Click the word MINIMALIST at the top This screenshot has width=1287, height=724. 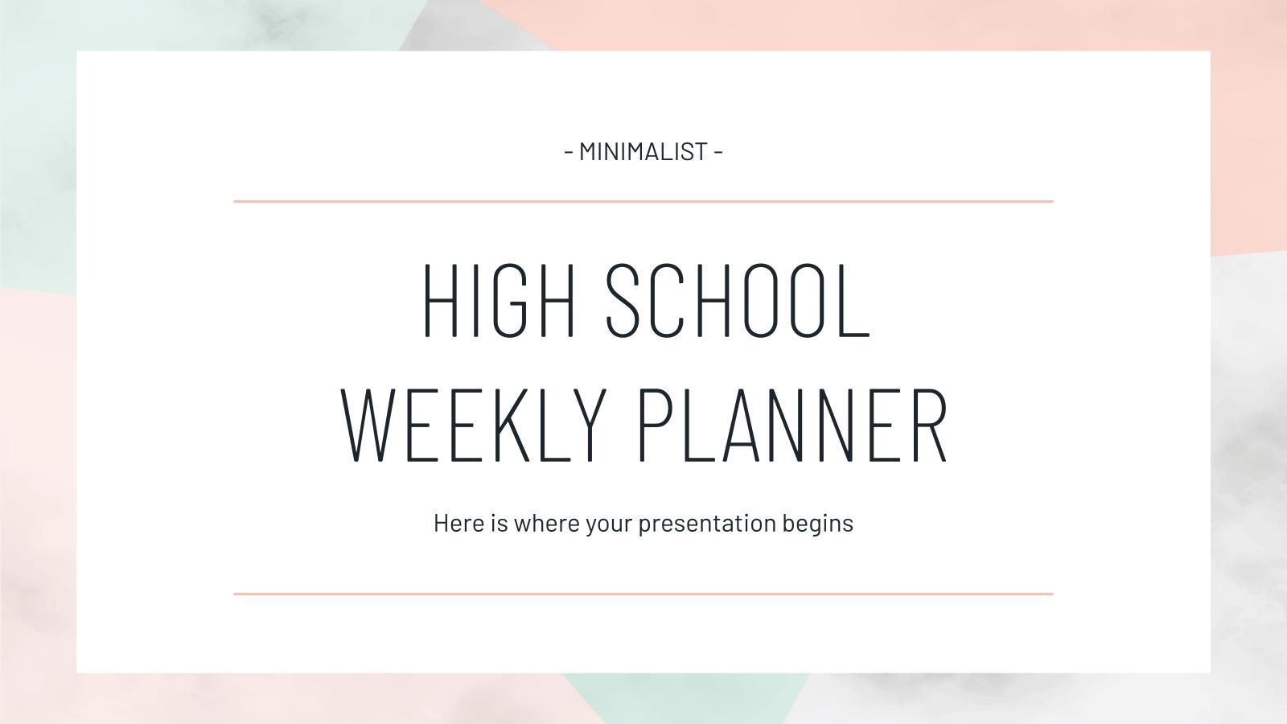(x=643, y=151)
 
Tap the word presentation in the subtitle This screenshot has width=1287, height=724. (x=707, y=524)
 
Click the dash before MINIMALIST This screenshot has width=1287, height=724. (x=569, y=151)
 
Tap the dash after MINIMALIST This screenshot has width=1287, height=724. (x=718, y=151)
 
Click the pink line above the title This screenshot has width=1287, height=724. (x=643, y=201)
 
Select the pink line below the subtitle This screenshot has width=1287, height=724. (x=643, y=594)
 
